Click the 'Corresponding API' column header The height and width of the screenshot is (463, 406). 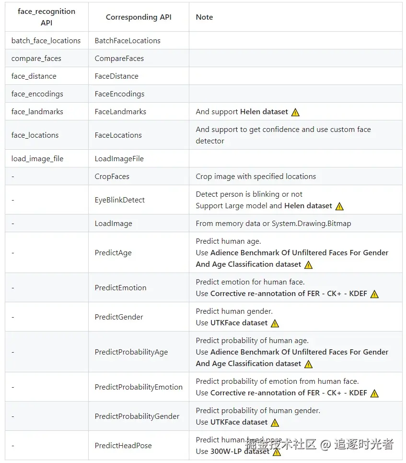[139, 17]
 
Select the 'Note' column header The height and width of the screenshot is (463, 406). [204, 17]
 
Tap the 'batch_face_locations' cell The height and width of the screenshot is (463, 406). [46, 41]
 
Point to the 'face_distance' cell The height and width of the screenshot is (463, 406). [34, 76]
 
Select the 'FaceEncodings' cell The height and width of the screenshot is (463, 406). [119, 94]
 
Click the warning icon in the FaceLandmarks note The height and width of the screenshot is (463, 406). [295, 112]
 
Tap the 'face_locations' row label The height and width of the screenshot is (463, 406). [35, 135]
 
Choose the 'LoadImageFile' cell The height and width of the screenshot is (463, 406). [119, 159]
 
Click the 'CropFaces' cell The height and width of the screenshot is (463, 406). [112, 177]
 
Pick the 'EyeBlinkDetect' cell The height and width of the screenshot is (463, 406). [120, 200]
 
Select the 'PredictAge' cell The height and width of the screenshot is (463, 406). [113, 253]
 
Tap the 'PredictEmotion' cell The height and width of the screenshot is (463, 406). [121, 288]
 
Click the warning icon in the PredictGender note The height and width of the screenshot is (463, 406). [275, 323]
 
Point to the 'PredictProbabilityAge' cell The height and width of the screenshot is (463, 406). [131, 352]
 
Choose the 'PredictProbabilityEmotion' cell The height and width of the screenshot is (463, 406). [139, 387]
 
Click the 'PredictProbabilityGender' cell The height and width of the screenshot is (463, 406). [137, 416]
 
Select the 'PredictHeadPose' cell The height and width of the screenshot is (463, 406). [123, 446]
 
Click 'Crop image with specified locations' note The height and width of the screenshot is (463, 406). [256, 177]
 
